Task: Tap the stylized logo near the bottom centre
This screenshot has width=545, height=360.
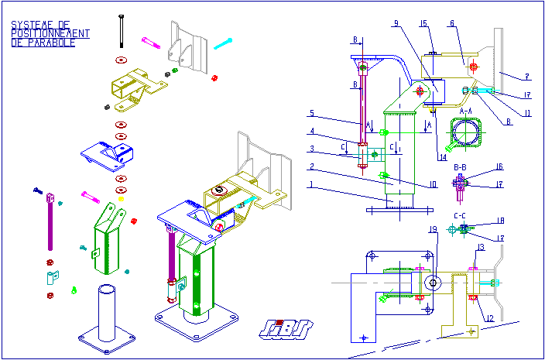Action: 285,329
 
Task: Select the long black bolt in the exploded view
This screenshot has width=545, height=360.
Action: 122,31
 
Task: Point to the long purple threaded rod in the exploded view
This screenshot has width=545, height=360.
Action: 52,225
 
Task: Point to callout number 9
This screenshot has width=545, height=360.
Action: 396,24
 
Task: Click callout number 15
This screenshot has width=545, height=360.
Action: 424,24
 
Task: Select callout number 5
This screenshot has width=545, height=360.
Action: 311,113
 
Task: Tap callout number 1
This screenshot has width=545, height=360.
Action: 311,184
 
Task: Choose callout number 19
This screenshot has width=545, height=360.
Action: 434,229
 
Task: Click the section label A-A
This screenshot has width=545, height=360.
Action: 466,111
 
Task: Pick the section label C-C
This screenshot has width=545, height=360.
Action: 459,215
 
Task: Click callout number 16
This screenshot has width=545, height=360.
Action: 499,167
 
